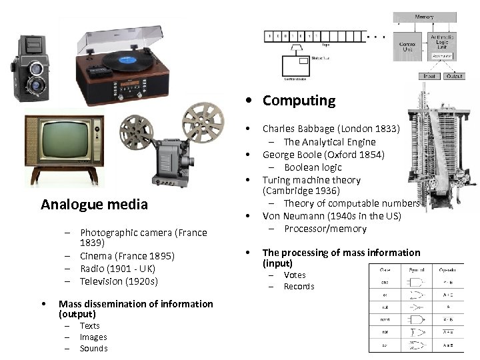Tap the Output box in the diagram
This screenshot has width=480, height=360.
pos(455,76)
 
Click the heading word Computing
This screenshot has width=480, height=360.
pos(299,101)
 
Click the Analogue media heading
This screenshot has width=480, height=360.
pos(94,204)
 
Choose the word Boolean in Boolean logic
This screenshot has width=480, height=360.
pos(303,167)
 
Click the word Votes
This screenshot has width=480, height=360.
pos(295,275)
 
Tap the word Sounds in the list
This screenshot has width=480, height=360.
pos(93,348)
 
